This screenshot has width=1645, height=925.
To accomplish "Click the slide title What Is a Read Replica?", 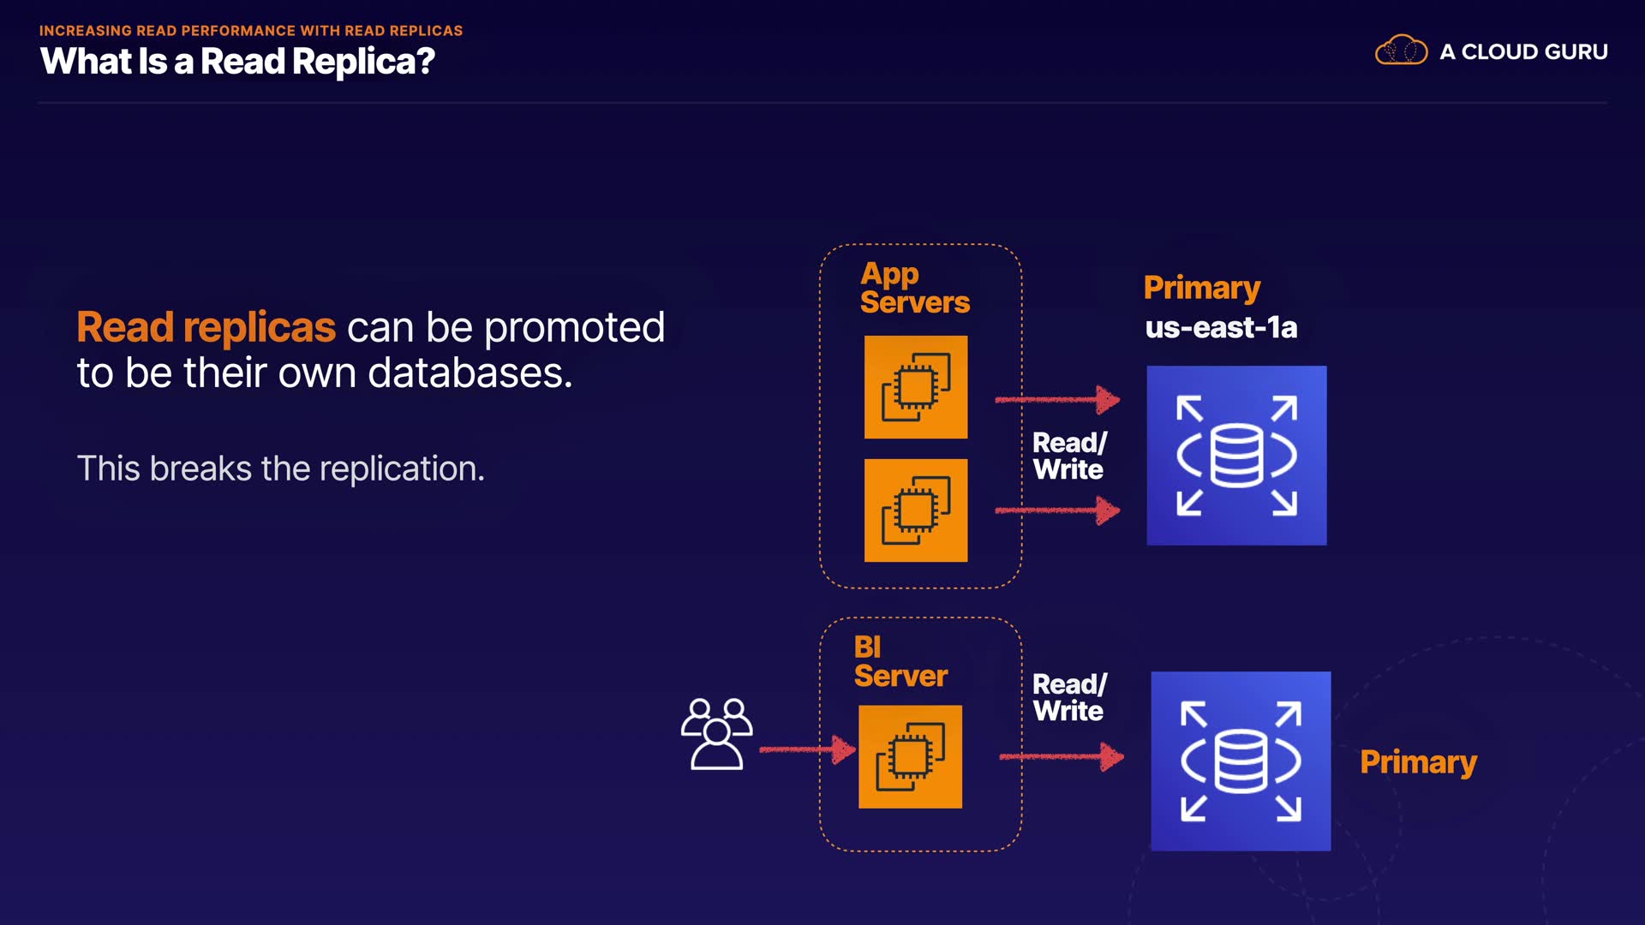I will (x=237, y=62).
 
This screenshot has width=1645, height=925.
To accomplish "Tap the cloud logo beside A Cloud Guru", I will (x=1401, y=51).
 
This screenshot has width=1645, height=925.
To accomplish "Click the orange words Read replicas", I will (x=206, y=327).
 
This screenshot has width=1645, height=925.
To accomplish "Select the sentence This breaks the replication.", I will (x=280, y=468).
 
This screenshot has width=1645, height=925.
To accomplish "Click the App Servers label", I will (x=914, y=288).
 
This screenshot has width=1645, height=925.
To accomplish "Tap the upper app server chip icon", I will (x=916, y=387).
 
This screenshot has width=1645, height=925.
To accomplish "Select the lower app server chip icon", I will (x=916, y=510).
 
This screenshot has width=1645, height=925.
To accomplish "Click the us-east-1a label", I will (x=1221, y=327).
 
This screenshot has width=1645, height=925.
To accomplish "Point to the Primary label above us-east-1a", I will (x=1201, y=288).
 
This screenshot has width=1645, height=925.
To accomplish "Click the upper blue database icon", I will (x=1236, y=456).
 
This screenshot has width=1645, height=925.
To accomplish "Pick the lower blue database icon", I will (x=1241, y=761).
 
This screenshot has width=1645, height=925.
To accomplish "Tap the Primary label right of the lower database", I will (x=1418, y=761).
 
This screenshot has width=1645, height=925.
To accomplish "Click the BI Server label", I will (x=900, y=661).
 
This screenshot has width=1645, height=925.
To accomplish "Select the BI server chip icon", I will (x=910, y=757).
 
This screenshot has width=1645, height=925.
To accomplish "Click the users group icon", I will (x=717, y=734).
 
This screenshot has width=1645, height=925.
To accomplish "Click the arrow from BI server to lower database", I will (x=1062, y=756).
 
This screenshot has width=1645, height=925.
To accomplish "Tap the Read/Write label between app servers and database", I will (x=1069, y=456).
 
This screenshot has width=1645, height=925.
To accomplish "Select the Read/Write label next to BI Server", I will (x=1069, y=697).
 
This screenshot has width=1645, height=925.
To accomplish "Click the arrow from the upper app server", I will (x=1057, y=399).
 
